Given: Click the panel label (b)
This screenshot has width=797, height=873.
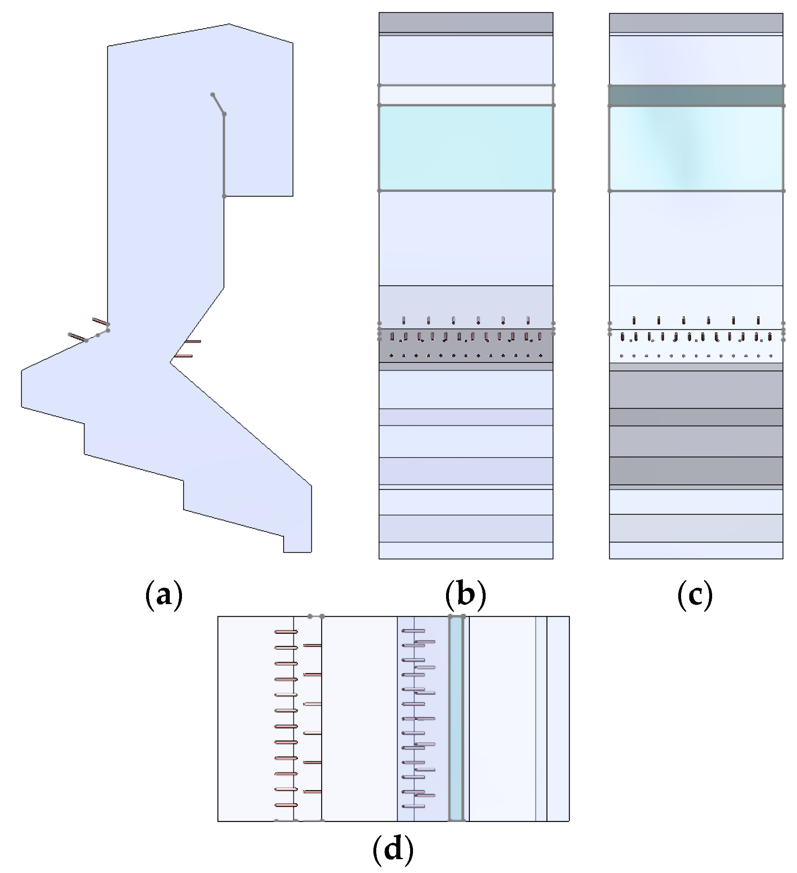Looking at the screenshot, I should (465, 595).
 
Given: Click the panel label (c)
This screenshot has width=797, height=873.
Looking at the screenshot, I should (695, 595).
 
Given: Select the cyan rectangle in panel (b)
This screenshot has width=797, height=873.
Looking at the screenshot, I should (466, 148).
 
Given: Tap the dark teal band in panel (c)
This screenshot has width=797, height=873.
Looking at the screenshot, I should (696, 96).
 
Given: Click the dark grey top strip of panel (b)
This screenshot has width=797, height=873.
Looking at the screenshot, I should (466, 22).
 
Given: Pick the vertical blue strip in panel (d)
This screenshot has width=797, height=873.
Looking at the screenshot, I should (455, 719).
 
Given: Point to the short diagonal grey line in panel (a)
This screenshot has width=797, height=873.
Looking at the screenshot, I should (218, 104).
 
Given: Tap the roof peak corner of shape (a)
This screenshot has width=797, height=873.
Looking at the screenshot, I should (229, 24).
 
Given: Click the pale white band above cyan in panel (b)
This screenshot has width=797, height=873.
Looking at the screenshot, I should (466, 95).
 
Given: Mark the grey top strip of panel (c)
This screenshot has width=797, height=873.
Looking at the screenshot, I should (696, 22).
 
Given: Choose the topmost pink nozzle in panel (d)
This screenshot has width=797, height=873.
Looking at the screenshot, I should (286, 632).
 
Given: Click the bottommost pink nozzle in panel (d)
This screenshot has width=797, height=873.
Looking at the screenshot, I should (286, 805).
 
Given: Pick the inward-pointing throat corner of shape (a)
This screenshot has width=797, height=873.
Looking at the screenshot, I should (171, 362).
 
